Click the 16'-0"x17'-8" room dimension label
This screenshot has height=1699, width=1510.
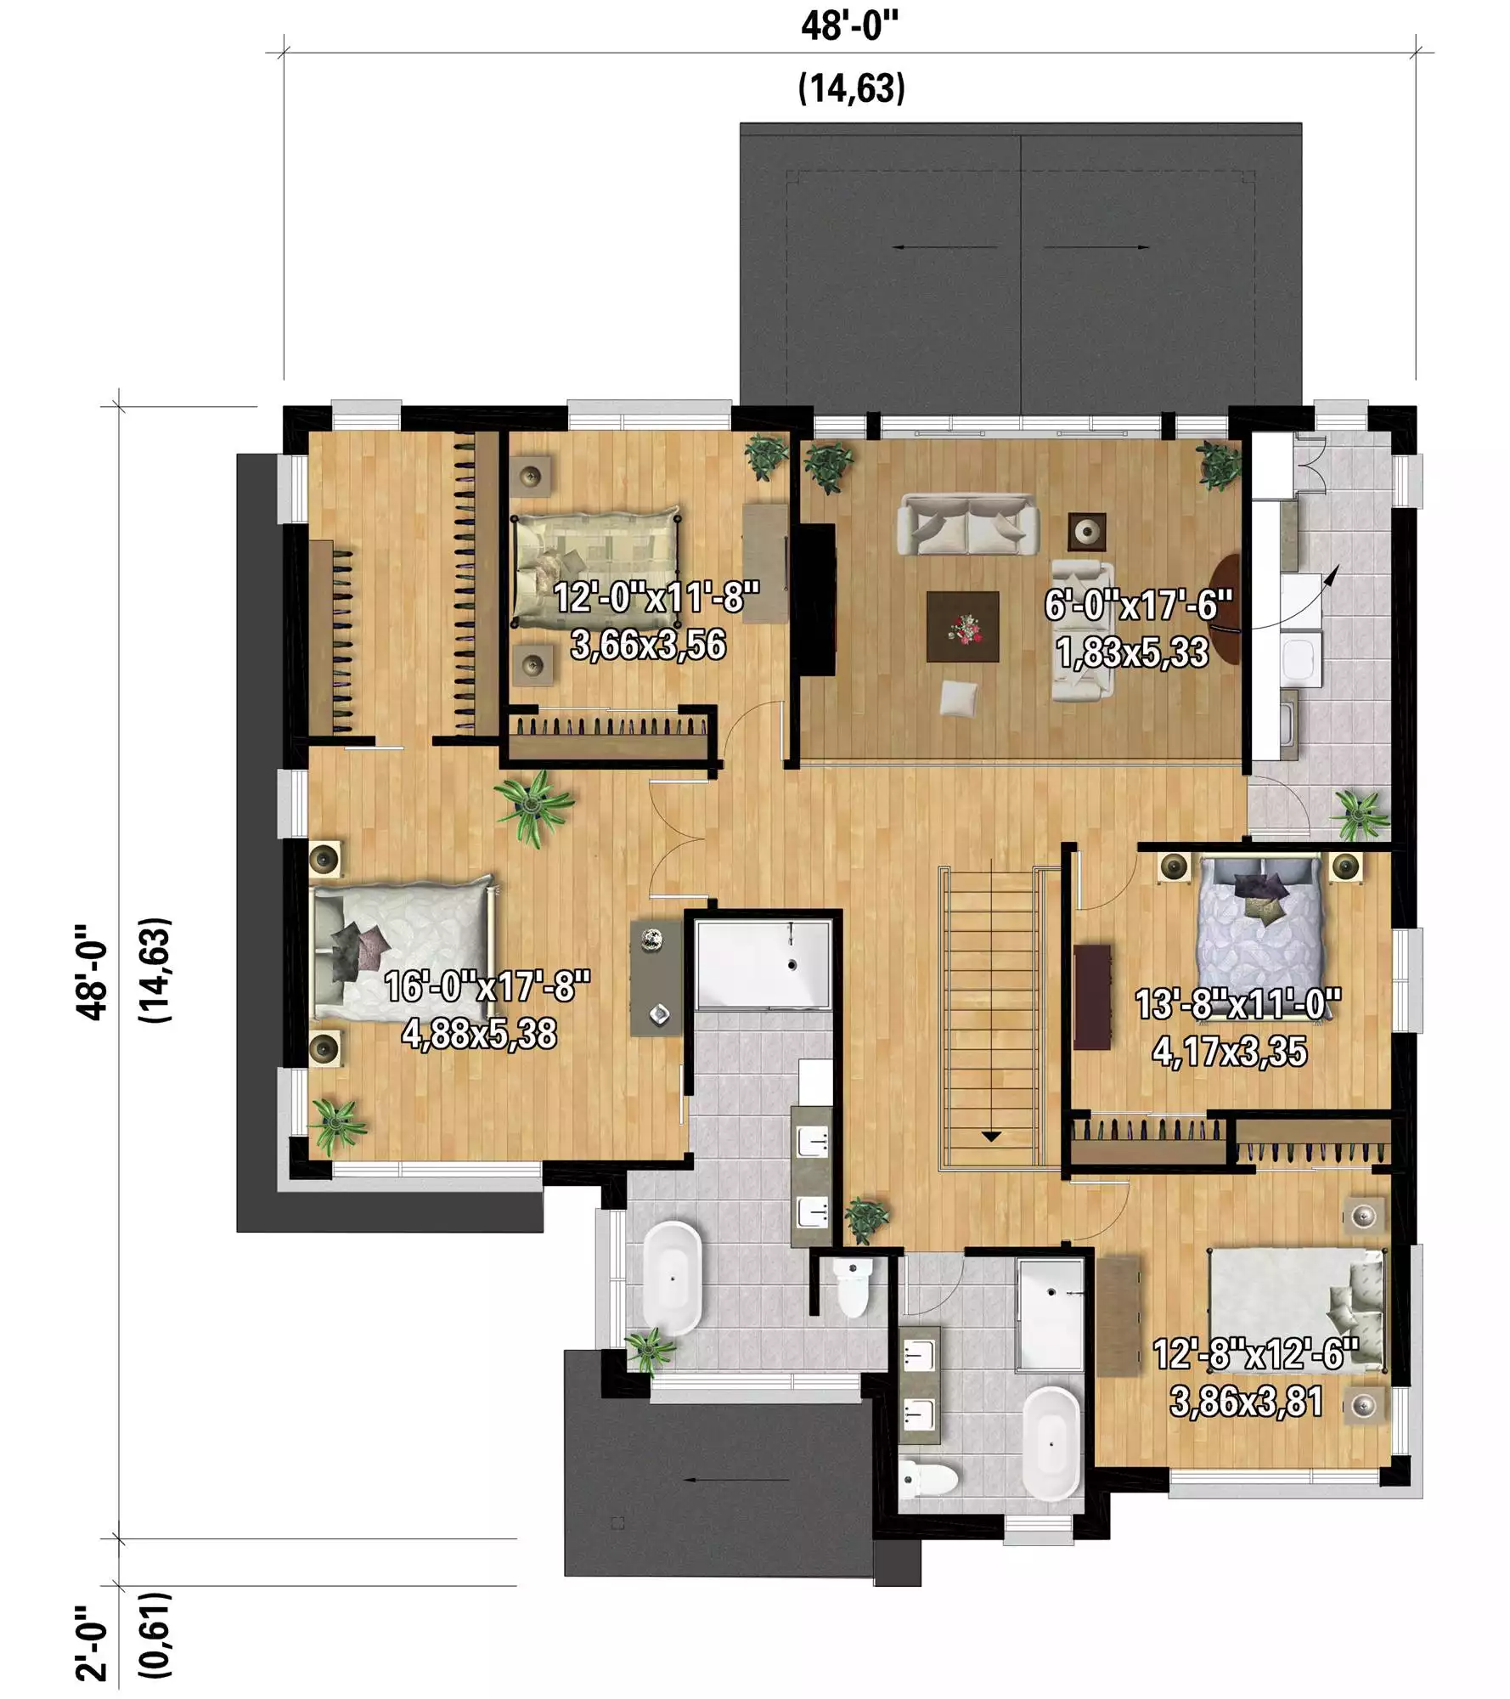click(x=487, y=986)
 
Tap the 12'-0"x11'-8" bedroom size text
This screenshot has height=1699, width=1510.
click(x=656, y=598)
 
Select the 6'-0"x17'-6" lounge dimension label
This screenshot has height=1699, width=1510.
click(x=1138, y=606)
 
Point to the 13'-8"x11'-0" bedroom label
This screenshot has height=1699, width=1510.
click(x=1238, y=1005)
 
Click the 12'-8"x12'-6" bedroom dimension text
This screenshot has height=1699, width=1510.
click(x=1255, y=1354)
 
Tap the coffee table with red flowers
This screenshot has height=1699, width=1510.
click(x=963, y=627)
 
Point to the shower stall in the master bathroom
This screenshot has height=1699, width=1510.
click(x=763, y=964)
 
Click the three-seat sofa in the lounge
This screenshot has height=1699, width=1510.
click(x=968, y=525)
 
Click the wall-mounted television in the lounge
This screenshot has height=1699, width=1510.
click(x=814, y=599)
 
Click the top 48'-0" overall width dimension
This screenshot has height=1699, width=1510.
click(x=849, y=26)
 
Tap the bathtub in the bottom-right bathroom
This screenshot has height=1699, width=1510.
click(x=1051, y=1444)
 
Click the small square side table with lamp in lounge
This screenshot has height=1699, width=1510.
click(x=1087, y=532)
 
